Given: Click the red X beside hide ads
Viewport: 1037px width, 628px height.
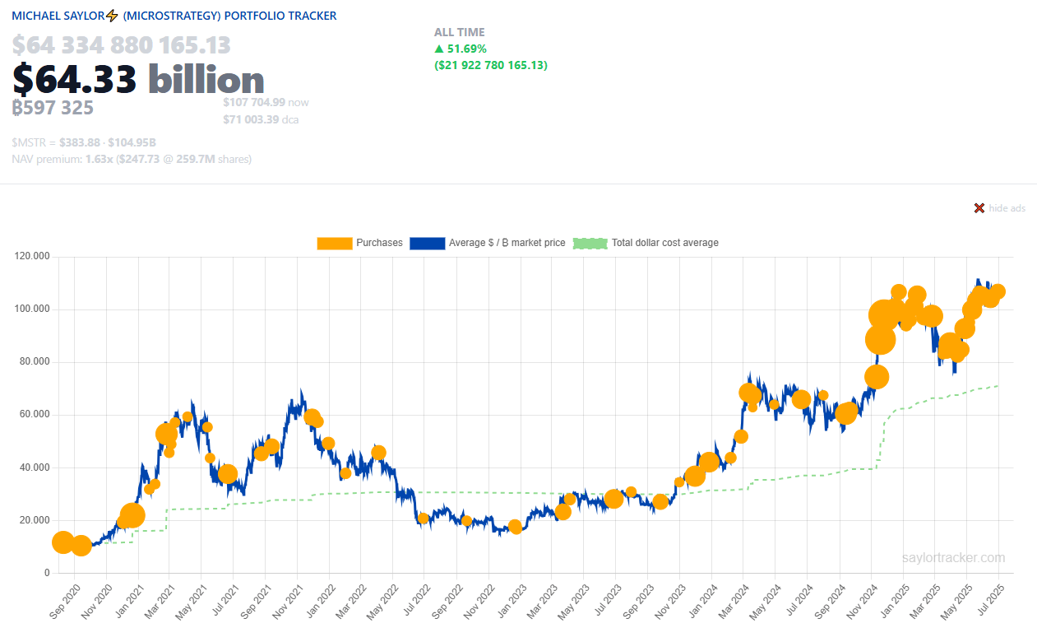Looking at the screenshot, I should click(979, 208).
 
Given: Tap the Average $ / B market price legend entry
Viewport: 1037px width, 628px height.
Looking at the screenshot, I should click(488, 243).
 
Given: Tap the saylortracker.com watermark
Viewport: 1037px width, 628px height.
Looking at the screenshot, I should click(953, 557).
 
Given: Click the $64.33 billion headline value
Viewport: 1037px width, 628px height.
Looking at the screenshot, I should click(138, 79).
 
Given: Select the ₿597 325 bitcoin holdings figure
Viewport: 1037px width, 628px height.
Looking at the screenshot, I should click(53, 108).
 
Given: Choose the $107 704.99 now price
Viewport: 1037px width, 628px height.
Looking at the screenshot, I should click(254, 102).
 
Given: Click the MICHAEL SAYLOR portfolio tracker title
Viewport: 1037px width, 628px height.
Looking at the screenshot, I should click(174, 16).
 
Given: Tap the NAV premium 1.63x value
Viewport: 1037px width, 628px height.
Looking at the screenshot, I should click(98, 159).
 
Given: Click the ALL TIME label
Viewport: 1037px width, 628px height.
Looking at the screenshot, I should click(459, 32).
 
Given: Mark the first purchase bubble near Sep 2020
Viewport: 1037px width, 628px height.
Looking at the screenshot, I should click(62, 542).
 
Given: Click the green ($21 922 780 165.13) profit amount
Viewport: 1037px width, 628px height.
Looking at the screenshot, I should click(490, 65).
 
